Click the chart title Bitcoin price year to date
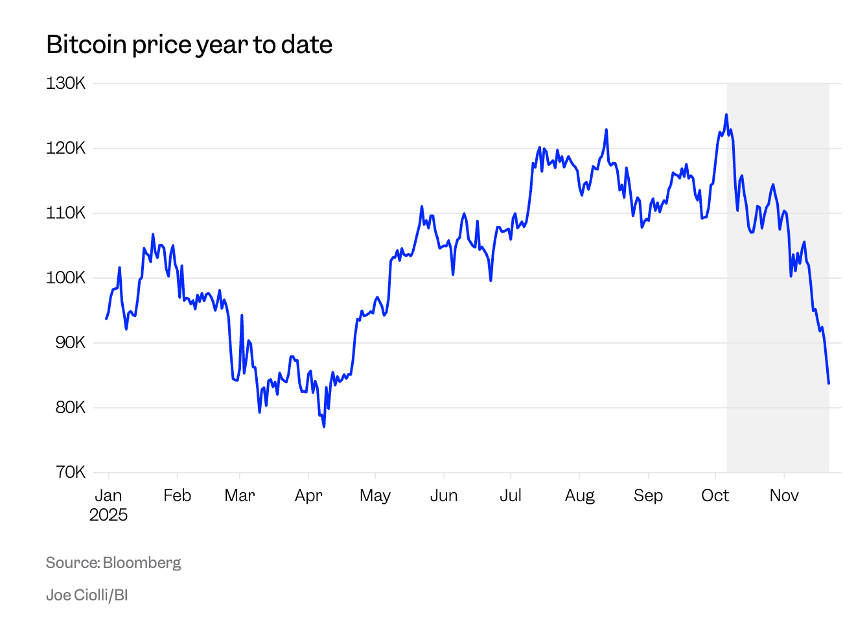click(x=189, y=45)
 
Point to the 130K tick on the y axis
click(x=65, y=84)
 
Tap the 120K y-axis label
click(x=65, y=148)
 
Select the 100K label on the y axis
click(x=65, y=278)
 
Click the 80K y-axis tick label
click(x=70, y=408)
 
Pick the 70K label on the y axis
click(x=70, y=473)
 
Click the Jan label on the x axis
click(x=108, y=496)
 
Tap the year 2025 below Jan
click(x=108, y=515)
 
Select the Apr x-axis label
click(x=308, y=496)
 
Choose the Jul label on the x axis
click(x=511, y=496)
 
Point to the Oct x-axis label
click(x=715, y=496)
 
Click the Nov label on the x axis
click(x=783, y=496)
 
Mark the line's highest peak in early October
click(x=726, y=115)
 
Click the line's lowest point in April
click(x=324, y=426)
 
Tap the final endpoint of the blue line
click(x=828, y=383)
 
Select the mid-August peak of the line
click(x=607, y=130)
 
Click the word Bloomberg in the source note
click(x=142, y=563)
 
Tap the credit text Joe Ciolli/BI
click(x=87, y=595)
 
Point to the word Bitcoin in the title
click(x=86, y=45)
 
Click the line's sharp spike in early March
click(x=242, y=316)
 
